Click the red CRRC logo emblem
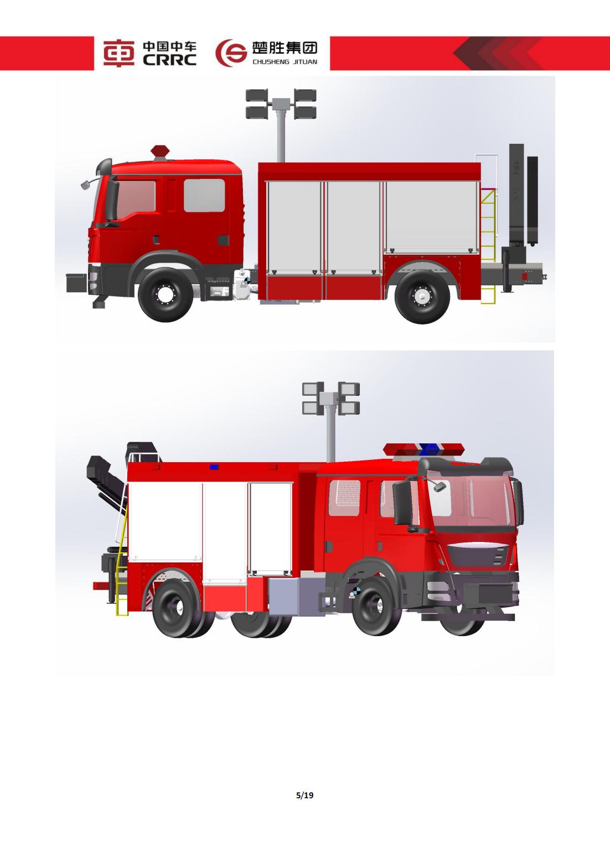click(118, 53)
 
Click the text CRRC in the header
click(169, 60)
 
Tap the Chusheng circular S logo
click(231, 53)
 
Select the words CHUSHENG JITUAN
click(285, 61)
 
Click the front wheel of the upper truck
click(166, 294)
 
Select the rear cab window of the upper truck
click(204, 195)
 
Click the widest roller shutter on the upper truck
click(432, 217)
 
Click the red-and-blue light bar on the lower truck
click(424, 448)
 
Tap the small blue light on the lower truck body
click(214, 467)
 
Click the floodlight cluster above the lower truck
click(331, 398)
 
